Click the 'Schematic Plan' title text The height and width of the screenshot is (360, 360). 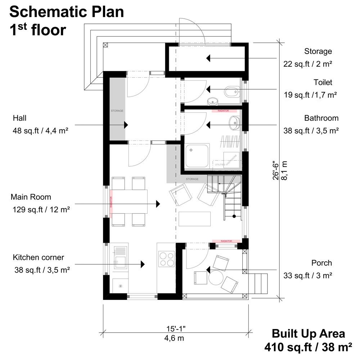[67, 12]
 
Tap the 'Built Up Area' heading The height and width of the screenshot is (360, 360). [308, 333]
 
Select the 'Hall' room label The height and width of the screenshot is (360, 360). [20, 118]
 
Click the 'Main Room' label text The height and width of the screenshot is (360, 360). [31, 197]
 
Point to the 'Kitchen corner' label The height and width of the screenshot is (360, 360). [39, 257]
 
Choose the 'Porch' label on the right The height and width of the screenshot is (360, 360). [321, 263]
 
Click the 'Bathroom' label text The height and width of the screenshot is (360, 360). [321, 118]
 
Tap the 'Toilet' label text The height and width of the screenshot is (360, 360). [323, 82]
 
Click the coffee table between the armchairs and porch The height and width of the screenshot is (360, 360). [194, 219]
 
